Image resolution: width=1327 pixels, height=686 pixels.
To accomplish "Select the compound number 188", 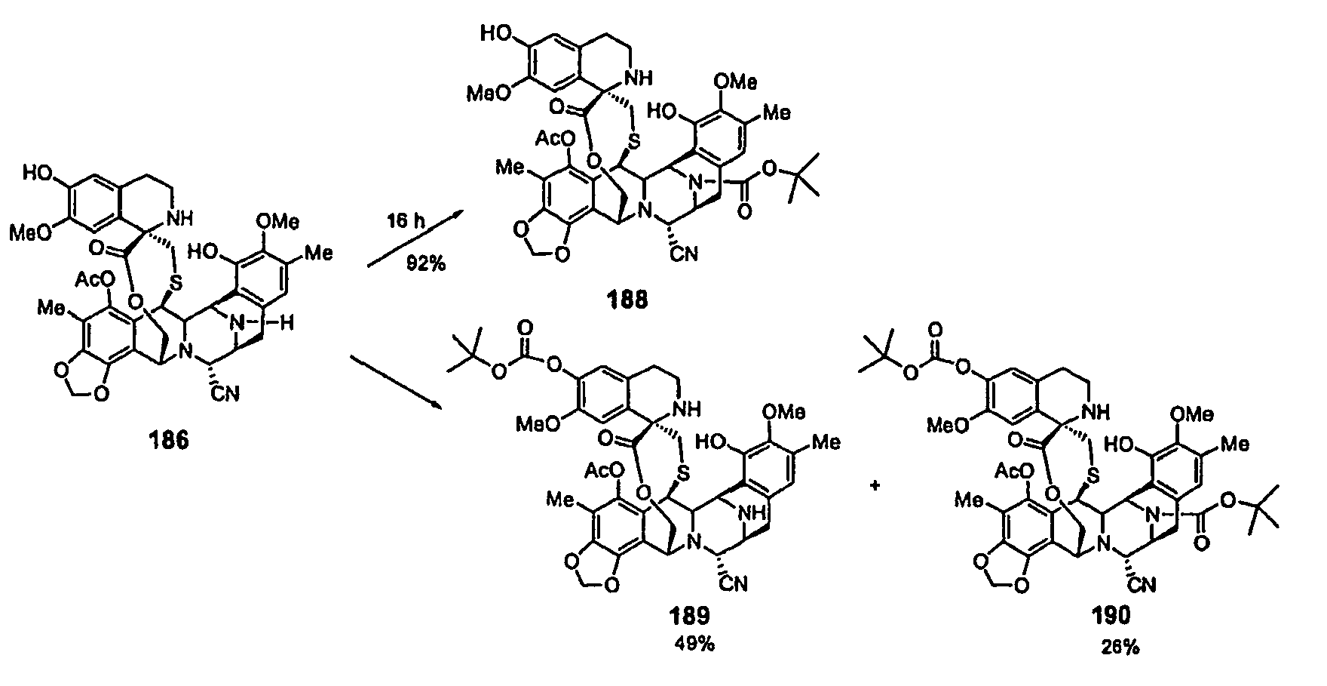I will pyautogui.click(x=628, y=300).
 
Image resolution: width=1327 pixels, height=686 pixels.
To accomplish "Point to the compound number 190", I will pyautogui.click(x=1112, y=617).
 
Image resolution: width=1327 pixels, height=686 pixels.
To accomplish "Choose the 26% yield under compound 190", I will pyautogui.click(x=1118, y=647).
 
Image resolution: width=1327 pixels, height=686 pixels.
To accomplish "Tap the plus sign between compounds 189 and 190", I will pyautogui.click(x=875, y=487).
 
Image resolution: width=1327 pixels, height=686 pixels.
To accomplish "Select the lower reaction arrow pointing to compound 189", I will pyautogui.click(x=396, y=385).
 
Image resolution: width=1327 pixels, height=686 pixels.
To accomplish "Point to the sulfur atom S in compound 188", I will pyautogui.click(x=636, y=140).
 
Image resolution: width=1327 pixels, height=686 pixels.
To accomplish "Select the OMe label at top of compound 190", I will pyautogui.click(x=1192, y=414).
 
